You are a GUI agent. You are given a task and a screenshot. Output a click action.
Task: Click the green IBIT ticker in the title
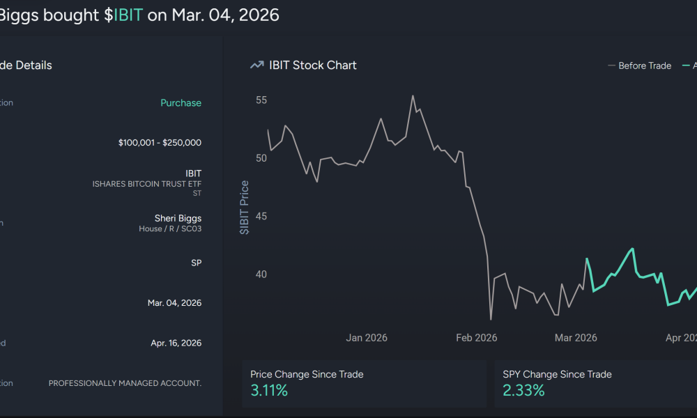128,15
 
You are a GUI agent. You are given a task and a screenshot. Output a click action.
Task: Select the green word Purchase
181,102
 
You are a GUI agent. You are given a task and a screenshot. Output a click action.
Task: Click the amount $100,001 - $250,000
160,143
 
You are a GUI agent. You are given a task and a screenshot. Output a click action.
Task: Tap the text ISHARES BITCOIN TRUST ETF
146,184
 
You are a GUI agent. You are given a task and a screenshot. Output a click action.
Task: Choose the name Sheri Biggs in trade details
178,218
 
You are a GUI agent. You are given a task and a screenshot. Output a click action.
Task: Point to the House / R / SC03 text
170,229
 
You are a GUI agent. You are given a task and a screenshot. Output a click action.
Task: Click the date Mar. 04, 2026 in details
174,303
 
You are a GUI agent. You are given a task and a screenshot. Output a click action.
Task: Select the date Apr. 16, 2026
176,343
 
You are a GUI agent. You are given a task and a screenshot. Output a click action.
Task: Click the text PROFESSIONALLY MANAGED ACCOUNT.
125,383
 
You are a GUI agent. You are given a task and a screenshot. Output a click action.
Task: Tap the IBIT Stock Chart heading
313,65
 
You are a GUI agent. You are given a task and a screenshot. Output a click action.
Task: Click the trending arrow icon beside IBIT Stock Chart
256,65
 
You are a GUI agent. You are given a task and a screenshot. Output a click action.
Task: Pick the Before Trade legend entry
639,65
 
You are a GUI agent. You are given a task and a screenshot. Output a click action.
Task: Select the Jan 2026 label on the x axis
367,338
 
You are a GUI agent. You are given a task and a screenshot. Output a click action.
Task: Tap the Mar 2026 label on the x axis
576,338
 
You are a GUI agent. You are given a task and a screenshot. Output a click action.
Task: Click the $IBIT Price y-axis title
245,207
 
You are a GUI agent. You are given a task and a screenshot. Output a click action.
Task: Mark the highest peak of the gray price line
413,96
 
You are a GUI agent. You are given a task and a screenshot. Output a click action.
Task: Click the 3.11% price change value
269,391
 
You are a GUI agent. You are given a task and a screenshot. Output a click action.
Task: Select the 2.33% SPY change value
523,391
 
